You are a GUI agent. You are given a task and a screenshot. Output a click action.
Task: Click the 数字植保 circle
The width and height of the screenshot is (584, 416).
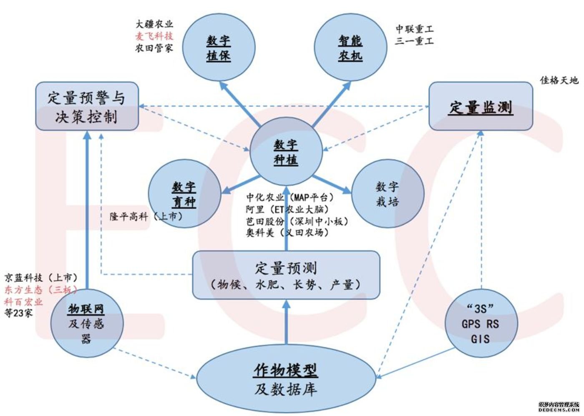pyautogui.click(x=219, y=48)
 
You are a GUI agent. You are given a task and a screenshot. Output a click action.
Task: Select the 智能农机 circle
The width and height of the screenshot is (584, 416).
pyautogui.click(x=350, y=48)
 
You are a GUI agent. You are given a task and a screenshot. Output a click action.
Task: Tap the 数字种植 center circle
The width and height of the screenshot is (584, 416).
pyautogui.click(x=286, y=152)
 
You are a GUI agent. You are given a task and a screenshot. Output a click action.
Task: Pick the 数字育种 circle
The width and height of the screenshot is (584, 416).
pyautogui.click(x=184, y=194)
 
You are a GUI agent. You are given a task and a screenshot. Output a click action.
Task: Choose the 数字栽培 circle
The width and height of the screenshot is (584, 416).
pyautogui.click(x=388, y=194)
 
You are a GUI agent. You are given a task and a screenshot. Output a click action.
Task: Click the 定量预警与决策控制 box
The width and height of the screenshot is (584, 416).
pyautogui.click(x=87, y=107)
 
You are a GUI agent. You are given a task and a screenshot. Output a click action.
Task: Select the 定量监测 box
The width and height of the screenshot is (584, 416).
pyautogui.click(x=481, y=107)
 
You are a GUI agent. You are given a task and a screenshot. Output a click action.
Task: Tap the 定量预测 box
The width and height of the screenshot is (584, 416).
pyautogui.click(x=286, y=275)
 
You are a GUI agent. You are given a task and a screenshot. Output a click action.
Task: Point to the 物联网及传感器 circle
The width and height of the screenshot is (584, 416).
pyautogui.click(x=86, y=323)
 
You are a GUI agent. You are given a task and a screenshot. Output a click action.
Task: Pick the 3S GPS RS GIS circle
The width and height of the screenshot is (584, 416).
pyautogui.click(x=481, y=323)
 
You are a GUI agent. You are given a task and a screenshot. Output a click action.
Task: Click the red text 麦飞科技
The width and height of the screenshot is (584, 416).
pyautogui.click(x=154, y=36)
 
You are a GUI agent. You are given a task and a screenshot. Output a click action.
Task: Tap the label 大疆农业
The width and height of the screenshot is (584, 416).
pyautogui.click(x=154, y=24)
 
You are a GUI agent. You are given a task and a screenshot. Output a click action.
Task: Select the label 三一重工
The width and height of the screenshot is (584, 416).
pyautogui.click(x=414, y=41)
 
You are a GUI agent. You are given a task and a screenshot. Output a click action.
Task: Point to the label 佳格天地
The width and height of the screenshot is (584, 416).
pyautogui.click(x=559, y=80)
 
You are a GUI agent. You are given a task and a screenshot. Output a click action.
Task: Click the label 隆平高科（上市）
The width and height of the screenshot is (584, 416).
pyautogui.click(x=146, y=216)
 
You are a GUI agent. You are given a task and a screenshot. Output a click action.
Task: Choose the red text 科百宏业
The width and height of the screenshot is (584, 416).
pyautogui.click(x=24, y=301)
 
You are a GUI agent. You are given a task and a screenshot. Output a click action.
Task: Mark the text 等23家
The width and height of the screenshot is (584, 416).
pyautogui.click(x=18, y=313)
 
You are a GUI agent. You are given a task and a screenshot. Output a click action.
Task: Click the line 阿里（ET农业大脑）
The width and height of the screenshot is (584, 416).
pyautogui.click(x=287, y=209)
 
